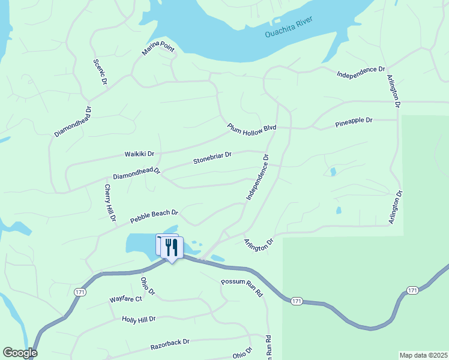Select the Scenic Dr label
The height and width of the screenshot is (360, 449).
[100, 71]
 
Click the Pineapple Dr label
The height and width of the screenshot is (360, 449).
[354, 121]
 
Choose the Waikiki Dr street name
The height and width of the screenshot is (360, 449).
[139, 154]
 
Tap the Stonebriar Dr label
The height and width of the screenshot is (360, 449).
[212, 158]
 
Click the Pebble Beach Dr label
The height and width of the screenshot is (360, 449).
[155, 217]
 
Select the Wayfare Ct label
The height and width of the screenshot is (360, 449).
[125, 299]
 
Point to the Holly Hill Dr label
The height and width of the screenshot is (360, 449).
[139, 319]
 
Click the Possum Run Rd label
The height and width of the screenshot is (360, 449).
[242, 289]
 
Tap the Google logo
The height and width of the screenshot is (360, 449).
[20, 353]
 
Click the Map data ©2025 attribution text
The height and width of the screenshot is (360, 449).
[424, 355]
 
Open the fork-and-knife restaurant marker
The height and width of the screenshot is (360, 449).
[172, 248]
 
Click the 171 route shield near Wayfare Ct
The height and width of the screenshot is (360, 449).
[80, 292]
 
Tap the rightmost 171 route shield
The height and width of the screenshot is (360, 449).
[412, 290]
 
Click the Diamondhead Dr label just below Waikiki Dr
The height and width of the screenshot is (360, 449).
[137, 174]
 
